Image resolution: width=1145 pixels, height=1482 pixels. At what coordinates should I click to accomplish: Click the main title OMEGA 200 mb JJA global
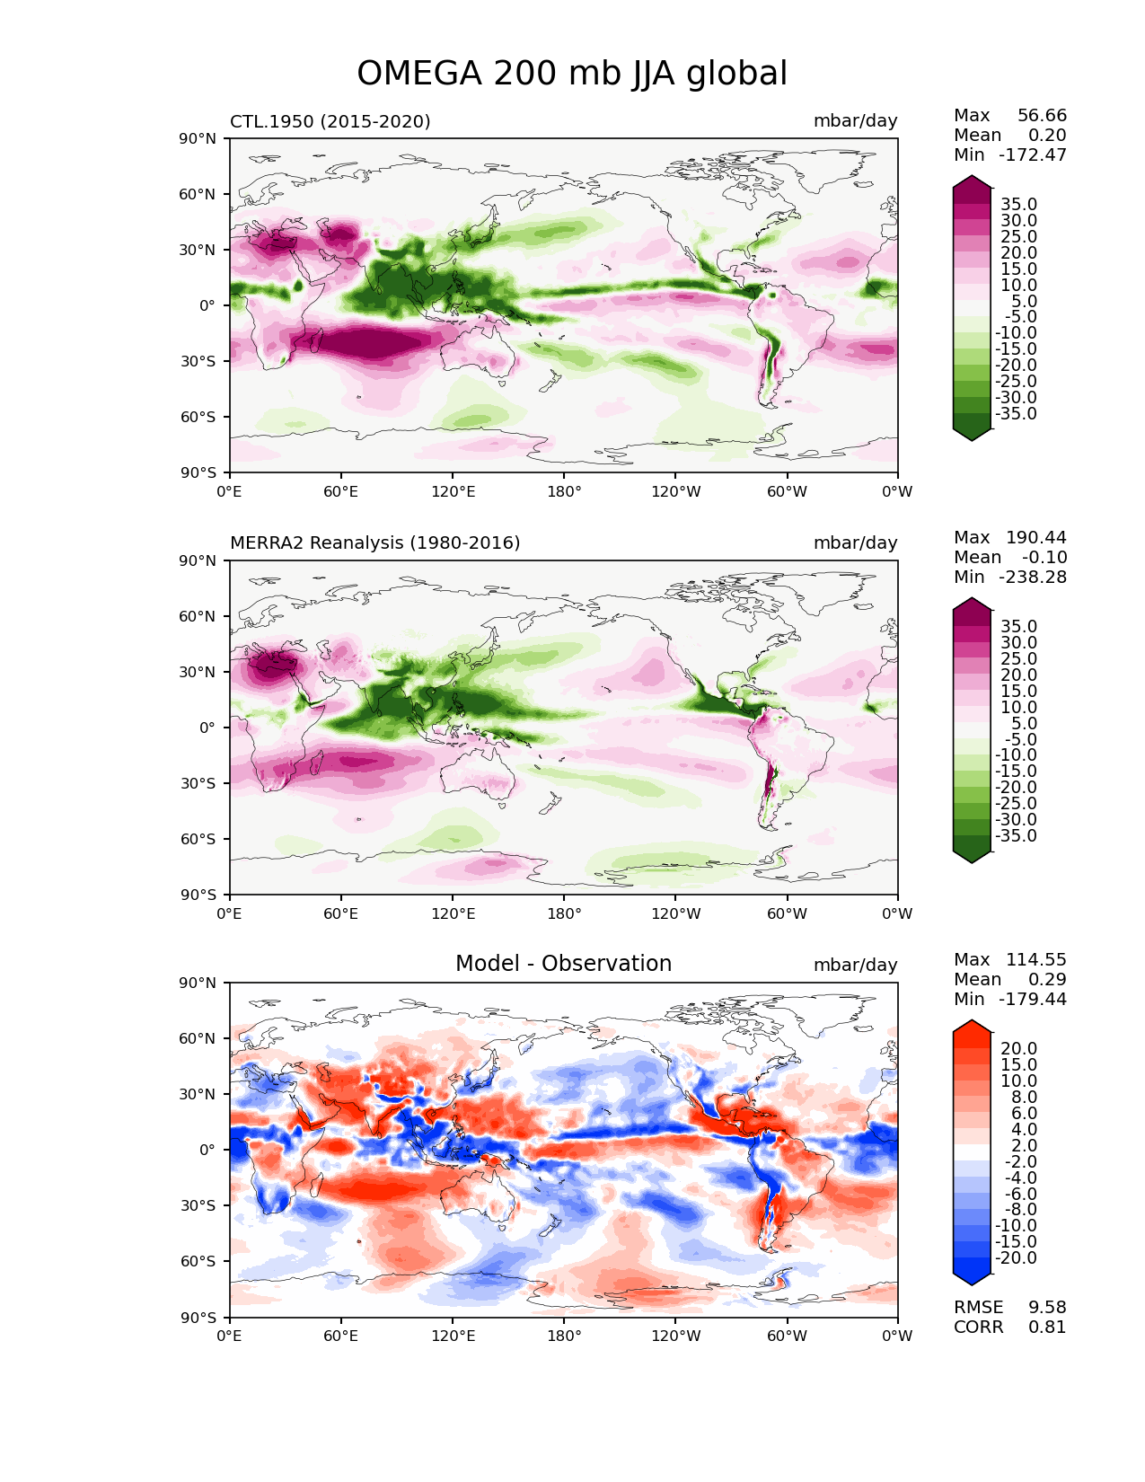[x=571, y=73]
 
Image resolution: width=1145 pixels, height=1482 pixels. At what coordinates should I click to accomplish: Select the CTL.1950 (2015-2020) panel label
[x=330, y=121]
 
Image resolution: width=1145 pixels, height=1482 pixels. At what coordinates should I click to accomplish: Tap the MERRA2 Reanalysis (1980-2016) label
[x=374, y=543]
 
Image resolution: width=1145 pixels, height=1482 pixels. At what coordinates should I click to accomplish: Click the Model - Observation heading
[x=563, y=963]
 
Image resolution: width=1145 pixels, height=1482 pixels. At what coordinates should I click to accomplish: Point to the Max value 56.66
[x=1042, y=115]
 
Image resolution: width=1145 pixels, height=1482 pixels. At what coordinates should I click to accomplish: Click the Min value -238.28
[x=1033, y=577]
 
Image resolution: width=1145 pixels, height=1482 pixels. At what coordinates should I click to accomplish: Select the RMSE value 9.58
[x=1047, y=1307]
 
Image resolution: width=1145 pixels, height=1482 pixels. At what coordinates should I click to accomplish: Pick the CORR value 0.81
[x=1047, y=1327]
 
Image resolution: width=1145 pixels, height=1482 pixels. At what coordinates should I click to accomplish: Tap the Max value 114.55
[x=1035, y=959]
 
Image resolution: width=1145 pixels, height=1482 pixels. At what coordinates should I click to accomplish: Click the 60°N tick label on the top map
[x=197, y=194]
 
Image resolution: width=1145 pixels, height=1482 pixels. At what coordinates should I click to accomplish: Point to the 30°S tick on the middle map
[x=198, y=783]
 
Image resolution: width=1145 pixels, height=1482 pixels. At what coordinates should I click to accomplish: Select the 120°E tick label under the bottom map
[x=453, y=1336]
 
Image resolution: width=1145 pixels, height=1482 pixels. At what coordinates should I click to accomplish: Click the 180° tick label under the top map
[x=564, y=491]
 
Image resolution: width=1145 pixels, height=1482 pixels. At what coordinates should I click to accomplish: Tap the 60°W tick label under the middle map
[x=787, y=913]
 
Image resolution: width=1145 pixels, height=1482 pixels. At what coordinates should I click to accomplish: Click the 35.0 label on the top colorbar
[x=1019, y=204]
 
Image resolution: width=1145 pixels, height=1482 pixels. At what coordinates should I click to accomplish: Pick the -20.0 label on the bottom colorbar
[x=1016, y=1257]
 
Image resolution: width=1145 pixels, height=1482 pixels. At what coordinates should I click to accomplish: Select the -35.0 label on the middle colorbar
[x=1016, y=835]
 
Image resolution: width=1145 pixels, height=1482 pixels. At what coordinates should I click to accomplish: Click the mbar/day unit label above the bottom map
[x=855, y=965]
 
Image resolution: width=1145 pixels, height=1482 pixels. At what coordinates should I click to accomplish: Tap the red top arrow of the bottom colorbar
[x=972, y=1028]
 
